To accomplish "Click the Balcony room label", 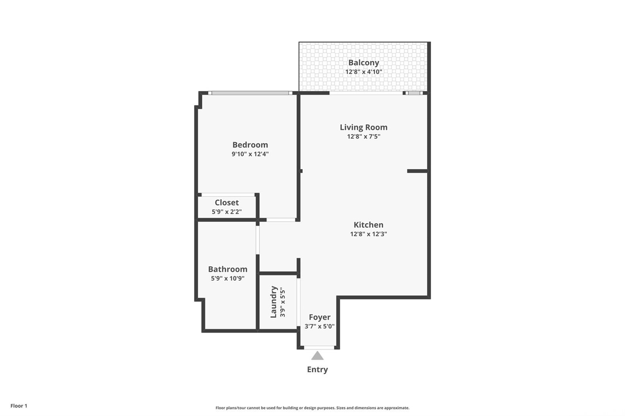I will tap(364, 62).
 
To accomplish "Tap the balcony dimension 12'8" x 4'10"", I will tap(364, 72).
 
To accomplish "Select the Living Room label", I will tap(364, 127).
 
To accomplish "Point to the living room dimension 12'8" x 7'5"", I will tap(364, 137).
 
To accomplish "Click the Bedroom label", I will tap(250, 145).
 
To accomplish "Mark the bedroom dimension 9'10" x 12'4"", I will tap(250, 154).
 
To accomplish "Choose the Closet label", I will tap(227, 203).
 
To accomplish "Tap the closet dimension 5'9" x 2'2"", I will tap(227, 212).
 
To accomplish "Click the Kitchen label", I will tap(368, 225).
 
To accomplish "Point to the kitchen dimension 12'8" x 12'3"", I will tap(368, 234).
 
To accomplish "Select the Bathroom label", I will tap(228, 269).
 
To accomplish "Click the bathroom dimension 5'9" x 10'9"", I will tap(228, 279).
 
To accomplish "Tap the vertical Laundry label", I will tap(274, 302).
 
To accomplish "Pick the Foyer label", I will tap(320, 317).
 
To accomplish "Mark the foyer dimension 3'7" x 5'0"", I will tap(320, 326).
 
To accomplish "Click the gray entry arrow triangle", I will tap(317, 356).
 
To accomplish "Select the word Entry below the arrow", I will tap(317, 370).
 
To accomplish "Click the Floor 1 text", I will tap(19, 406).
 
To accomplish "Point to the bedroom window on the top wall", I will tap(250, 93).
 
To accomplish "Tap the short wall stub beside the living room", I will tap(417, 171).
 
